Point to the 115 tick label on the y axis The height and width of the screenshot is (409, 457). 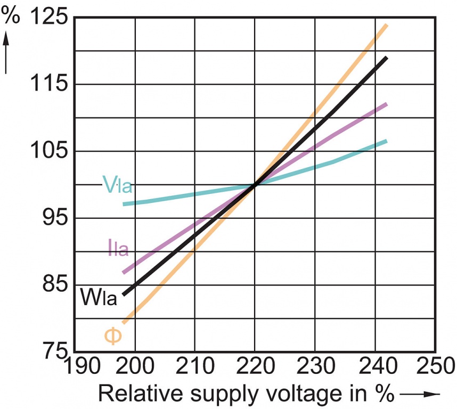(50, 84)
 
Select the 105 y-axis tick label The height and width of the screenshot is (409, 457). (50, 151)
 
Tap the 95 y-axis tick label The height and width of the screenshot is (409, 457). (57, 218)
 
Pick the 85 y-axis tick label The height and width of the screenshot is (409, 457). (57, 284)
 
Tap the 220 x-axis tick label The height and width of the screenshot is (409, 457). (255, 367)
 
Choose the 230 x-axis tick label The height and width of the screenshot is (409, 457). (315, 367)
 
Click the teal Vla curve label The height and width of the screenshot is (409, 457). (117, 185)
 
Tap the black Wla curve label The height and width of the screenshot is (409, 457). (99, 297)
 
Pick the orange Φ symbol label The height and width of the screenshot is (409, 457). (113, 336)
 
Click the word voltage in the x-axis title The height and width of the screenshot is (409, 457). (298, 395)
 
